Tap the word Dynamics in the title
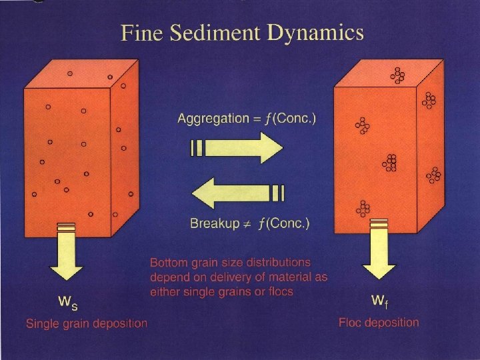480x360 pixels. (x=322, y=34)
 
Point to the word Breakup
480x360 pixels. (x=214, y=223)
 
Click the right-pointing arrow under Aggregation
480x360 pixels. (x=237, y=148)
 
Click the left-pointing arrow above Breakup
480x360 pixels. (x=237, y=193)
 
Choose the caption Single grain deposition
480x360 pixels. (x=86, y=324)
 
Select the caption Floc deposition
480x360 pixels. (x=379, y=323)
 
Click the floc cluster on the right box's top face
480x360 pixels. (x=398, y=76)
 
